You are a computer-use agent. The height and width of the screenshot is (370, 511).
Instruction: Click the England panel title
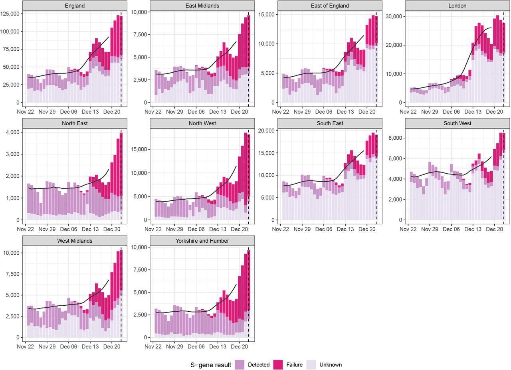[74, 6]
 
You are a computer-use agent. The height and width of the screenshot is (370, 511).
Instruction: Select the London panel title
[457, 6]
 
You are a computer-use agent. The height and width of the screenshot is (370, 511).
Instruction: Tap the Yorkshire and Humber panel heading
[202, 241]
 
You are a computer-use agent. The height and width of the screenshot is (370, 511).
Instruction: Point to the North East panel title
[74, 123]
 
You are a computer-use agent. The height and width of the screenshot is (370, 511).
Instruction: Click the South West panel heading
[457, 123]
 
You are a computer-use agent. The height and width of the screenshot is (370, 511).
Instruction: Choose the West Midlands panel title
[74, 241]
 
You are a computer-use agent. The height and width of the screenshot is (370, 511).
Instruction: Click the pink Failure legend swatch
[278, 364]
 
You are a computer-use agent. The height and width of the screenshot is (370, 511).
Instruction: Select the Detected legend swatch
[240, 364]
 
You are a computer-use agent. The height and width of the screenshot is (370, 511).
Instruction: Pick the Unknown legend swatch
[311, 364]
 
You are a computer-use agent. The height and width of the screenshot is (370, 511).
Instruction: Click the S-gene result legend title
[211, 364]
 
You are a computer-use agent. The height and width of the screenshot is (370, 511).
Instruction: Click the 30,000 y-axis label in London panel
[394, 16]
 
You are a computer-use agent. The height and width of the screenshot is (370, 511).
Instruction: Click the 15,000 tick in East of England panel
[267, 14]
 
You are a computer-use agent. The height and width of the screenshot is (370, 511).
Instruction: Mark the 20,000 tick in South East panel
[267, 131]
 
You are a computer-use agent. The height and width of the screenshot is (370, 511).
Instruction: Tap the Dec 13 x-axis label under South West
[473, 230]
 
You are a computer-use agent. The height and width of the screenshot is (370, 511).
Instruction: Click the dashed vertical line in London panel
[504, 60]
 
